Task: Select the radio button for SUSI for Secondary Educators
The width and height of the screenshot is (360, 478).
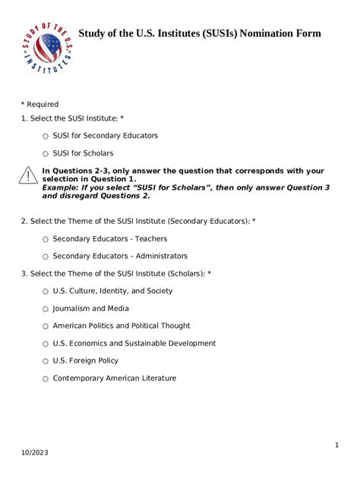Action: pyautogui.click(x=46, y=136)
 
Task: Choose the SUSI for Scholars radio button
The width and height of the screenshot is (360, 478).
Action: pyautogui.click(x=46, y=154)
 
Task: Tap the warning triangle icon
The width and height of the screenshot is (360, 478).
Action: pyautogui.click(x=28, y=177)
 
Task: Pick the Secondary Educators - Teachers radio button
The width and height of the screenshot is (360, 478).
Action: pyautogui.click(x=46, y=239)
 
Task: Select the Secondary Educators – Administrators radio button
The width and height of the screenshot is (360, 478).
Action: pyautogui.click(x=46, y=256)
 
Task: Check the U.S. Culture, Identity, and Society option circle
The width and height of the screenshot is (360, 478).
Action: pyautogui.click(x=46, y=291)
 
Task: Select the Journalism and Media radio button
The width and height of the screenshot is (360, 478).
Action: pyautogui.click(x=46, y=309)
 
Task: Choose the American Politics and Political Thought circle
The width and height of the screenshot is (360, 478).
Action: pyautogui.click(x=46, y=326)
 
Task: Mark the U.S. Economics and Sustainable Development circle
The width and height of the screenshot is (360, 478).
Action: pyautogui.click(x=46, y=344)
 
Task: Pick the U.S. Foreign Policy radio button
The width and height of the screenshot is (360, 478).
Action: pyautogui.click(x=46, y=361)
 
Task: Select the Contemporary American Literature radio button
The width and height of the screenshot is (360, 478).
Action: pyautogui.click(x=46, y=379)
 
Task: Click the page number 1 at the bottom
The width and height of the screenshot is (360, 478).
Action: pyautogui.click(x=336, y=445)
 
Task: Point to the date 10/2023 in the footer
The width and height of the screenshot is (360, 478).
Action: pyautogui.click(x=33, y=453)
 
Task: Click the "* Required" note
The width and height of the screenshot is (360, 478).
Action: pyautogui.click(x=39, y=104)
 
